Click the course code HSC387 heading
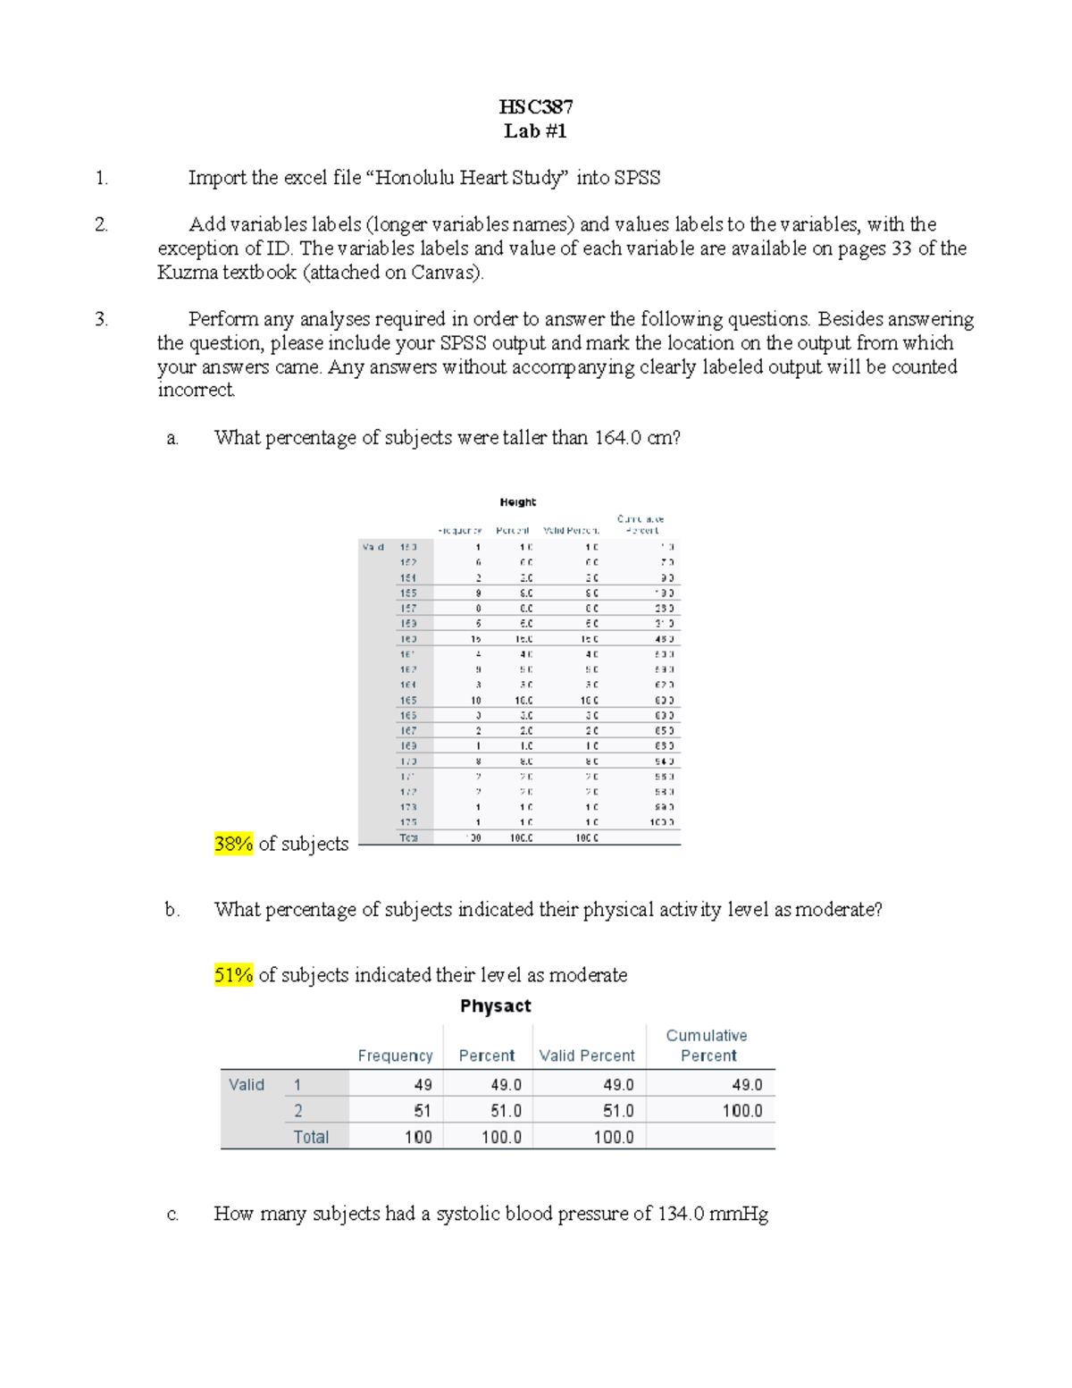(535, 107)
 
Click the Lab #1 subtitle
(535, 131)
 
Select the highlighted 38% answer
(233, 844)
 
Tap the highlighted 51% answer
(233, 975)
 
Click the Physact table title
(495, 1006)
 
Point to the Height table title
(517, 502)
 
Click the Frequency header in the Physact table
(395, 1056)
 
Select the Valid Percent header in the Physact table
(587, 1056)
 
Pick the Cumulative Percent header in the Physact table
(707, 1046)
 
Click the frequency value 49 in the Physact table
(423, 1085)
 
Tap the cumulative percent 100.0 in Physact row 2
(741, 1111)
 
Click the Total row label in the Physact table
(311, 1137)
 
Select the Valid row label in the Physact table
(247, 1085)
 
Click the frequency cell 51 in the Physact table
(423, 1111)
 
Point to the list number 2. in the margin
(101, 225)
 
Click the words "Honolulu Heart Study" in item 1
(471, 178)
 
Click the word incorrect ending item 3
(196, 391)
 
